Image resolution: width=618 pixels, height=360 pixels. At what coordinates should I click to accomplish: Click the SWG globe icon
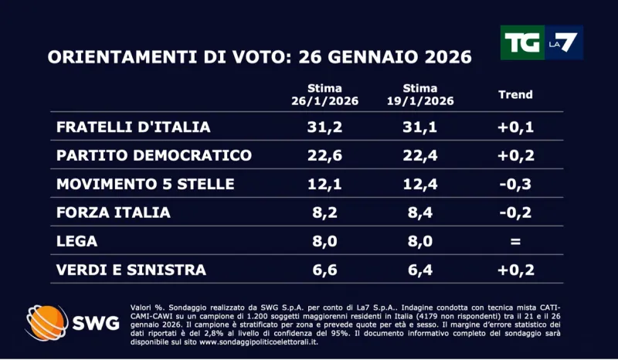(x=48, y=323)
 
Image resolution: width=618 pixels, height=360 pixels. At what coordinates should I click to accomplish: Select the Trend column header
(x=515, y=94)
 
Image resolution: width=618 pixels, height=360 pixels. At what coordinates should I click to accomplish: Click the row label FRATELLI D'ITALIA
(x=134, y=127)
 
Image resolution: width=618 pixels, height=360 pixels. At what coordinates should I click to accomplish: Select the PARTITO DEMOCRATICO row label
(x=154, y=155)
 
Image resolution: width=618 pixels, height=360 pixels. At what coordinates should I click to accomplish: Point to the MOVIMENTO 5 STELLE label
(x=145, y=184)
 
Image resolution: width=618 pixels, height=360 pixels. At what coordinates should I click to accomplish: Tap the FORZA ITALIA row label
(x=114, y=212)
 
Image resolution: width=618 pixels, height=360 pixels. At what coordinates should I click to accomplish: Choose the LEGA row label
(x=77, y=241)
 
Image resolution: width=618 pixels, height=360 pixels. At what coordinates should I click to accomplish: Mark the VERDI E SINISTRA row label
(x=131, y=270)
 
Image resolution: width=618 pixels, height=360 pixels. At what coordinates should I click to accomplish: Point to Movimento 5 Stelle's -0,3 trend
(x=515, y=184)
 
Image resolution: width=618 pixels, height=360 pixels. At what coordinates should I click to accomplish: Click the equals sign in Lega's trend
(x=515, y=241)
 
